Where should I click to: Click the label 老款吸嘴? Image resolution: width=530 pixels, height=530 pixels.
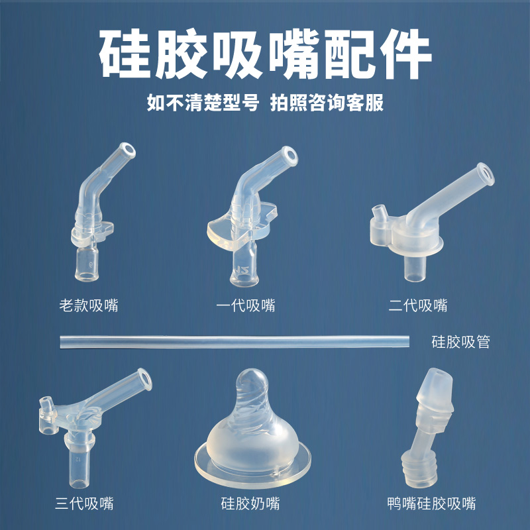click(89, 305)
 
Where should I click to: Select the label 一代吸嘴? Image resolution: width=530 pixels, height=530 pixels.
click(246, 305)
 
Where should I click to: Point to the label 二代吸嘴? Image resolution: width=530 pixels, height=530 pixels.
click(418, 305)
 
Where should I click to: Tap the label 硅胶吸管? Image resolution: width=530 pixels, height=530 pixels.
click(460, 343)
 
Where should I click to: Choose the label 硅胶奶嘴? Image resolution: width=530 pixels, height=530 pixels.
click(250, 503)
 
